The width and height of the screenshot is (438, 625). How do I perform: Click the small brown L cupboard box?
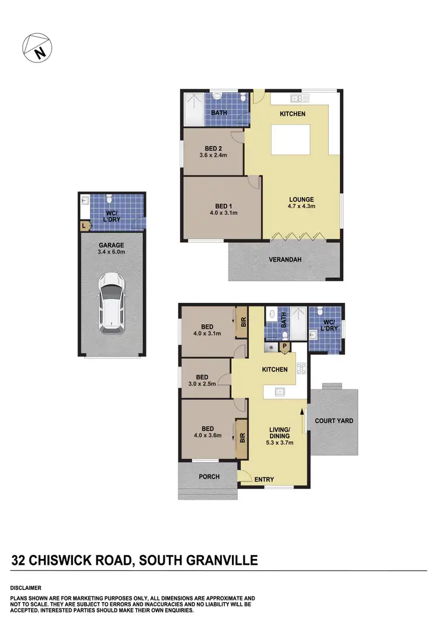point(85,225)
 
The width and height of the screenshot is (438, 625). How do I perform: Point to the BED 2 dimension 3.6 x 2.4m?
point(213,155)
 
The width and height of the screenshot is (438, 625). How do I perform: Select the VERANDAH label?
point(285,260)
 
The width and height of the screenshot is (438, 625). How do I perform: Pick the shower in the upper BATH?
point(193,109)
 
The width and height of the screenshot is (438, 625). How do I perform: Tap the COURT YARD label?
point(333,421)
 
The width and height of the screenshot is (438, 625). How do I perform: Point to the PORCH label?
point(209,477)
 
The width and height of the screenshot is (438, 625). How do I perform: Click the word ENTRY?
point(265,480)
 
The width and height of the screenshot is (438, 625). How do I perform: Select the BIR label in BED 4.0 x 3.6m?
point(241,437)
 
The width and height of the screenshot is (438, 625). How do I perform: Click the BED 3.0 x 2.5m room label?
point(203,380)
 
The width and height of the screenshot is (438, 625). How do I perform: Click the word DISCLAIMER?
point(26,588)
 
